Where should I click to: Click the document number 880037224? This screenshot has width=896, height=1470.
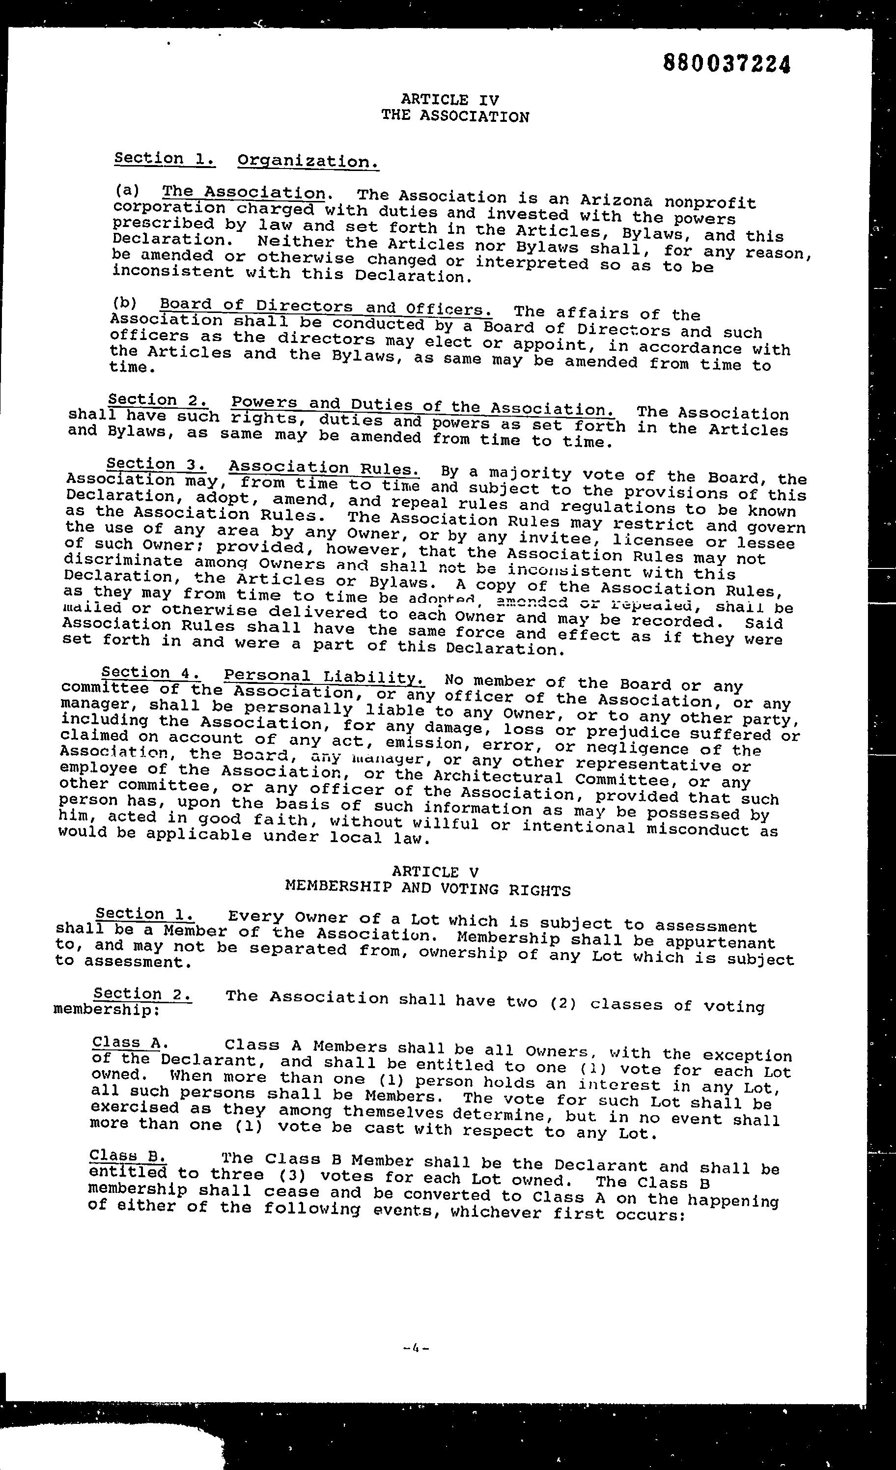(x=727, y=63)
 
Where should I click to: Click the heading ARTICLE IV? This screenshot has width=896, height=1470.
(x=450, y=100)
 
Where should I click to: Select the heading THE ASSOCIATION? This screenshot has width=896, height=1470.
(x=455, y=116)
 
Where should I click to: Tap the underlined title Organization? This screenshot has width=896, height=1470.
(x=308, y=162)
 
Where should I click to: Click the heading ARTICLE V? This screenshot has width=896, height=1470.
(x=435, y=872)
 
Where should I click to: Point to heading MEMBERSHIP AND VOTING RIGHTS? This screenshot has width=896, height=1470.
(x=428, y=889)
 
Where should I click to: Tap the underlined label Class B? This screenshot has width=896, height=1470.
(x=128, y=1156)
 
